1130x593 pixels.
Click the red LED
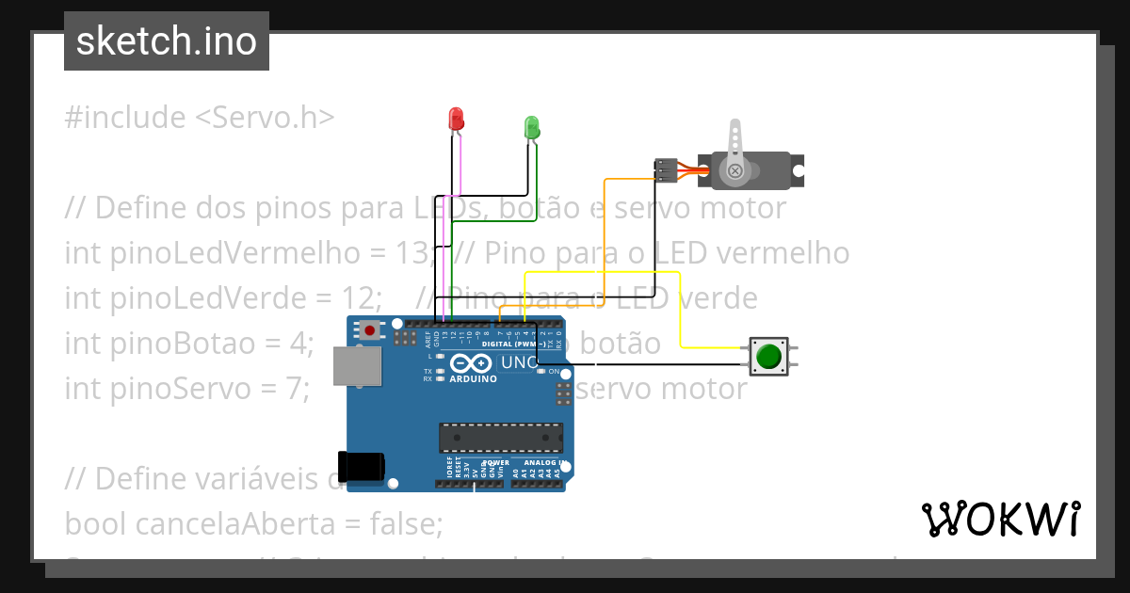(457, 120)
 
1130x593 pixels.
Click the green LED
(531, 128)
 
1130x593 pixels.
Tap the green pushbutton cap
(768, 357)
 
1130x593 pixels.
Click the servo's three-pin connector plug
(665, 170)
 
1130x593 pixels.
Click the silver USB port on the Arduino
(358, 365)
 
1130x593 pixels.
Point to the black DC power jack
(362, 466)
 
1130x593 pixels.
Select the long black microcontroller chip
(500, 438)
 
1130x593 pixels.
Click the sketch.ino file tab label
(167, 41)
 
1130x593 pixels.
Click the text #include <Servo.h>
(200, 118)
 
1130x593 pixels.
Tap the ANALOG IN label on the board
(542, 463)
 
